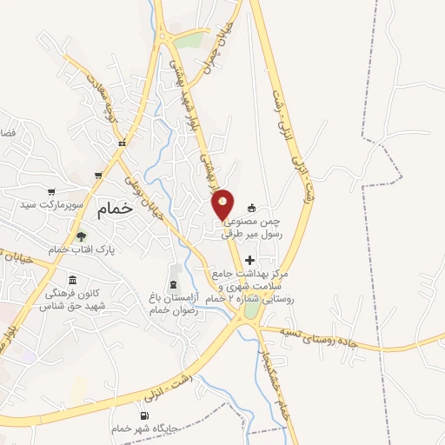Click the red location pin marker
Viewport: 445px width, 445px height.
[x=223, y=205]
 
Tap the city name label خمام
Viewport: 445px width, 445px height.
[x=115, y=209]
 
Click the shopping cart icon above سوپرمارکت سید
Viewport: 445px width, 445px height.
[x=53, y=191]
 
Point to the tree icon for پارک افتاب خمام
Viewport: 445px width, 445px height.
[x=81, y=236]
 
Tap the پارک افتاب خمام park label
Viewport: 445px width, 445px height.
[x=57, y=249]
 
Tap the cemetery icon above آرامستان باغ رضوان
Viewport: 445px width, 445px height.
[x=173, y=284]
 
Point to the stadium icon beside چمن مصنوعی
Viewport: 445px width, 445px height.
[x=251, y=208]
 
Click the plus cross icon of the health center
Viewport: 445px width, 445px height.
[x=250, y=260]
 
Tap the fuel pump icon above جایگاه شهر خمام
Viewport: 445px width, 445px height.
[x=144, y=415]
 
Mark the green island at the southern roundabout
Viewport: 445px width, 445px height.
[x=250, y=309]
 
